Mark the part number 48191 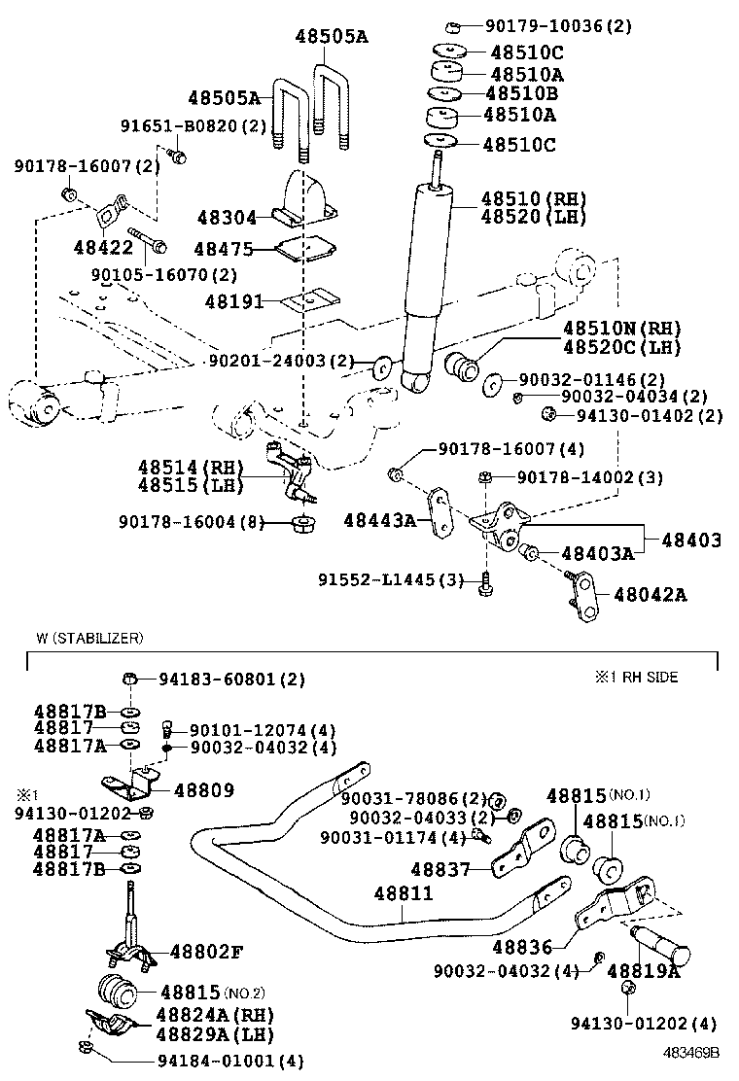pos(234,301)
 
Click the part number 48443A pos(380,521)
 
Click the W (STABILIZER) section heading pos(89,638)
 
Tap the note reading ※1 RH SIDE pos(637,677)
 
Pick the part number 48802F pos(206,952)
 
